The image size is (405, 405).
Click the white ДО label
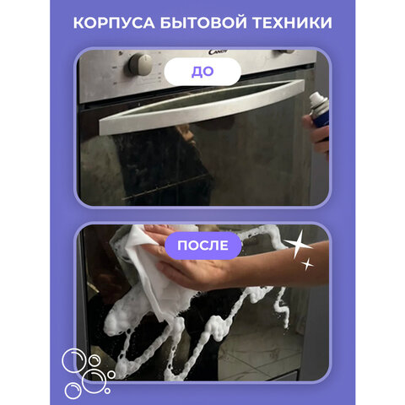(x=202, y=71)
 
